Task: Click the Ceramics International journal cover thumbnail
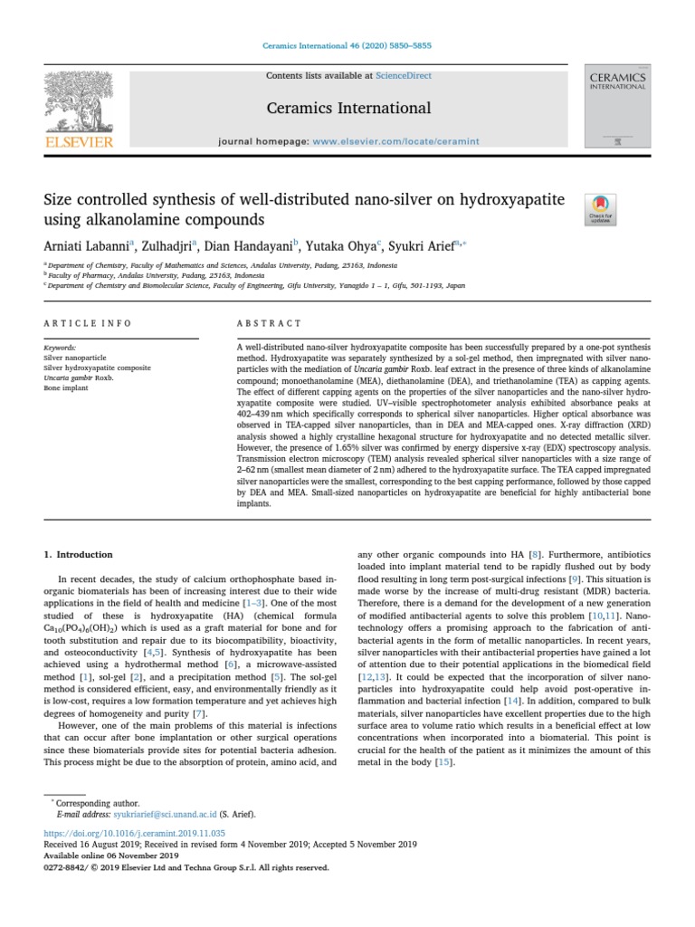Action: click(x=617, y=107)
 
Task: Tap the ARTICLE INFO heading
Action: click(x=88, y=323)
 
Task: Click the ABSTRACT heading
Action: click(x=269, y=323)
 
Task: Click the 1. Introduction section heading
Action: click(x=79, y=554)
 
